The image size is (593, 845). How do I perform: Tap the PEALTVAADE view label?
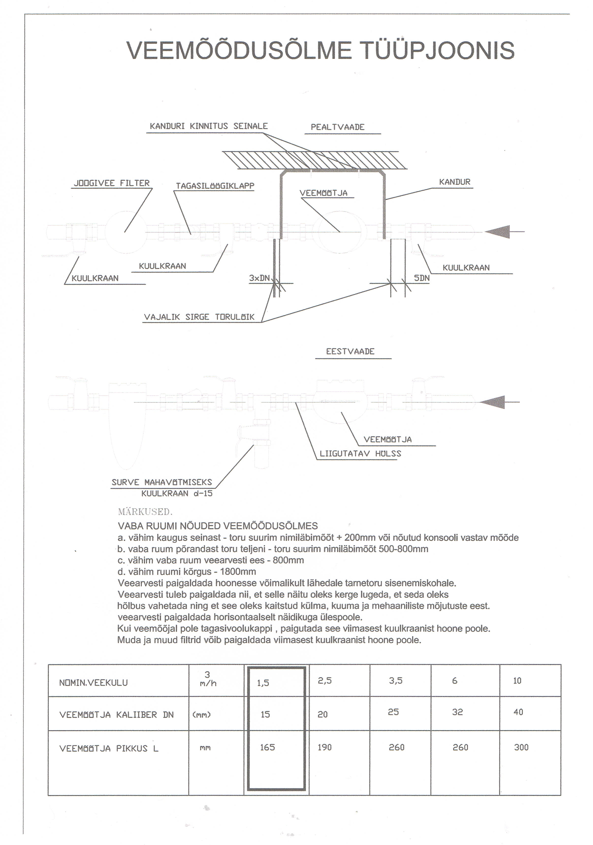(x=337, y=127)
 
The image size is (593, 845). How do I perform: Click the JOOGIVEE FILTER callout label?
(x=112, y=183)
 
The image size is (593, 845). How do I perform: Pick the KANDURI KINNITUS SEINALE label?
(x=208, y=126)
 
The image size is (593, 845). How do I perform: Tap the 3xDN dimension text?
(x=259, y=278)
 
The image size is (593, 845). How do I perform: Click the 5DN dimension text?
(x=422, y=278)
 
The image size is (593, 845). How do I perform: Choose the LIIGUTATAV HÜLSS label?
(x=360, y=454)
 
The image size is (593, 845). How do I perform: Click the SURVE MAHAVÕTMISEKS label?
(x=162, y=482)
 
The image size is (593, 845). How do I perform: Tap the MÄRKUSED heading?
(x=145, y=512)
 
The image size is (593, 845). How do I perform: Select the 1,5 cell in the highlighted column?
(x=263, y=683)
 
